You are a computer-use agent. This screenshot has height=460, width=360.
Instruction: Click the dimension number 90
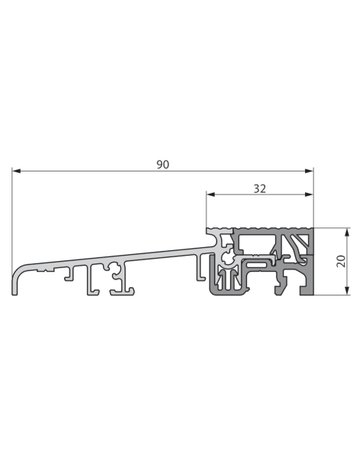point(163,165)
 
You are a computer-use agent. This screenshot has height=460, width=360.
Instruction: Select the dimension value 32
point(260,189)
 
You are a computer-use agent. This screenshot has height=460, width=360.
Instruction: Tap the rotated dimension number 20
point(341,261)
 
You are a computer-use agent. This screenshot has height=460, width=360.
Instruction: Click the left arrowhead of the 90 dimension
point(16,171)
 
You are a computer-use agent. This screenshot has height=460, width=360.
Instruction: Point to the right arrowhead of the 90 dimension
point(309,171)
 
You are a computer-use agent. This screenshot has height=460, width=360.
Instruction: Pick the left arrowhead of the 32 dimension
point(211,194)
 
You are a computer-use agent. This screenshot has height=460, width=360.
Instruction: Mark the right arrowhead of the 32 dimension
point(309,194)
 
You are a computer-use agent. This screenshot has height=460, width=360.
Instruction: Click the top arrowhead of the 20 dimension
point(347,232)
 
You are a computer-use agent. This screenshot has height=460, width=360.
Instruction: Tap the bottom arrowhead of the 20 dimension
point(347,291)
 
